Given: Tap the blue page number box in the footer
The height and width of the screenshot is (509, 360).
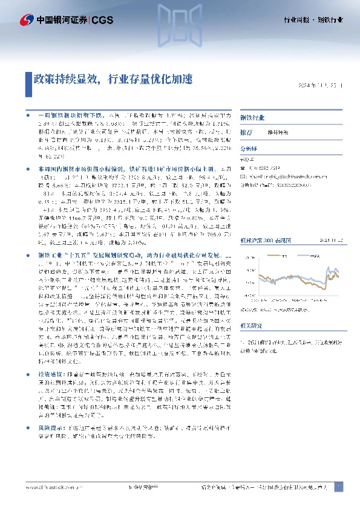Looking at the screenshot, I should tap(338, 487).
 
